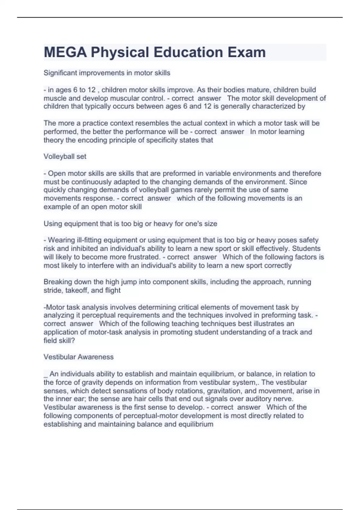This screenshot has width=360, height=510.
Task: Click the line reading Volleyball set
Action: click(x=65, y=157)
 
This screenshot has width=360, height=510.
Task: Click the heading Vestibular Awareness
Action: click(x=79, y=357)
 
